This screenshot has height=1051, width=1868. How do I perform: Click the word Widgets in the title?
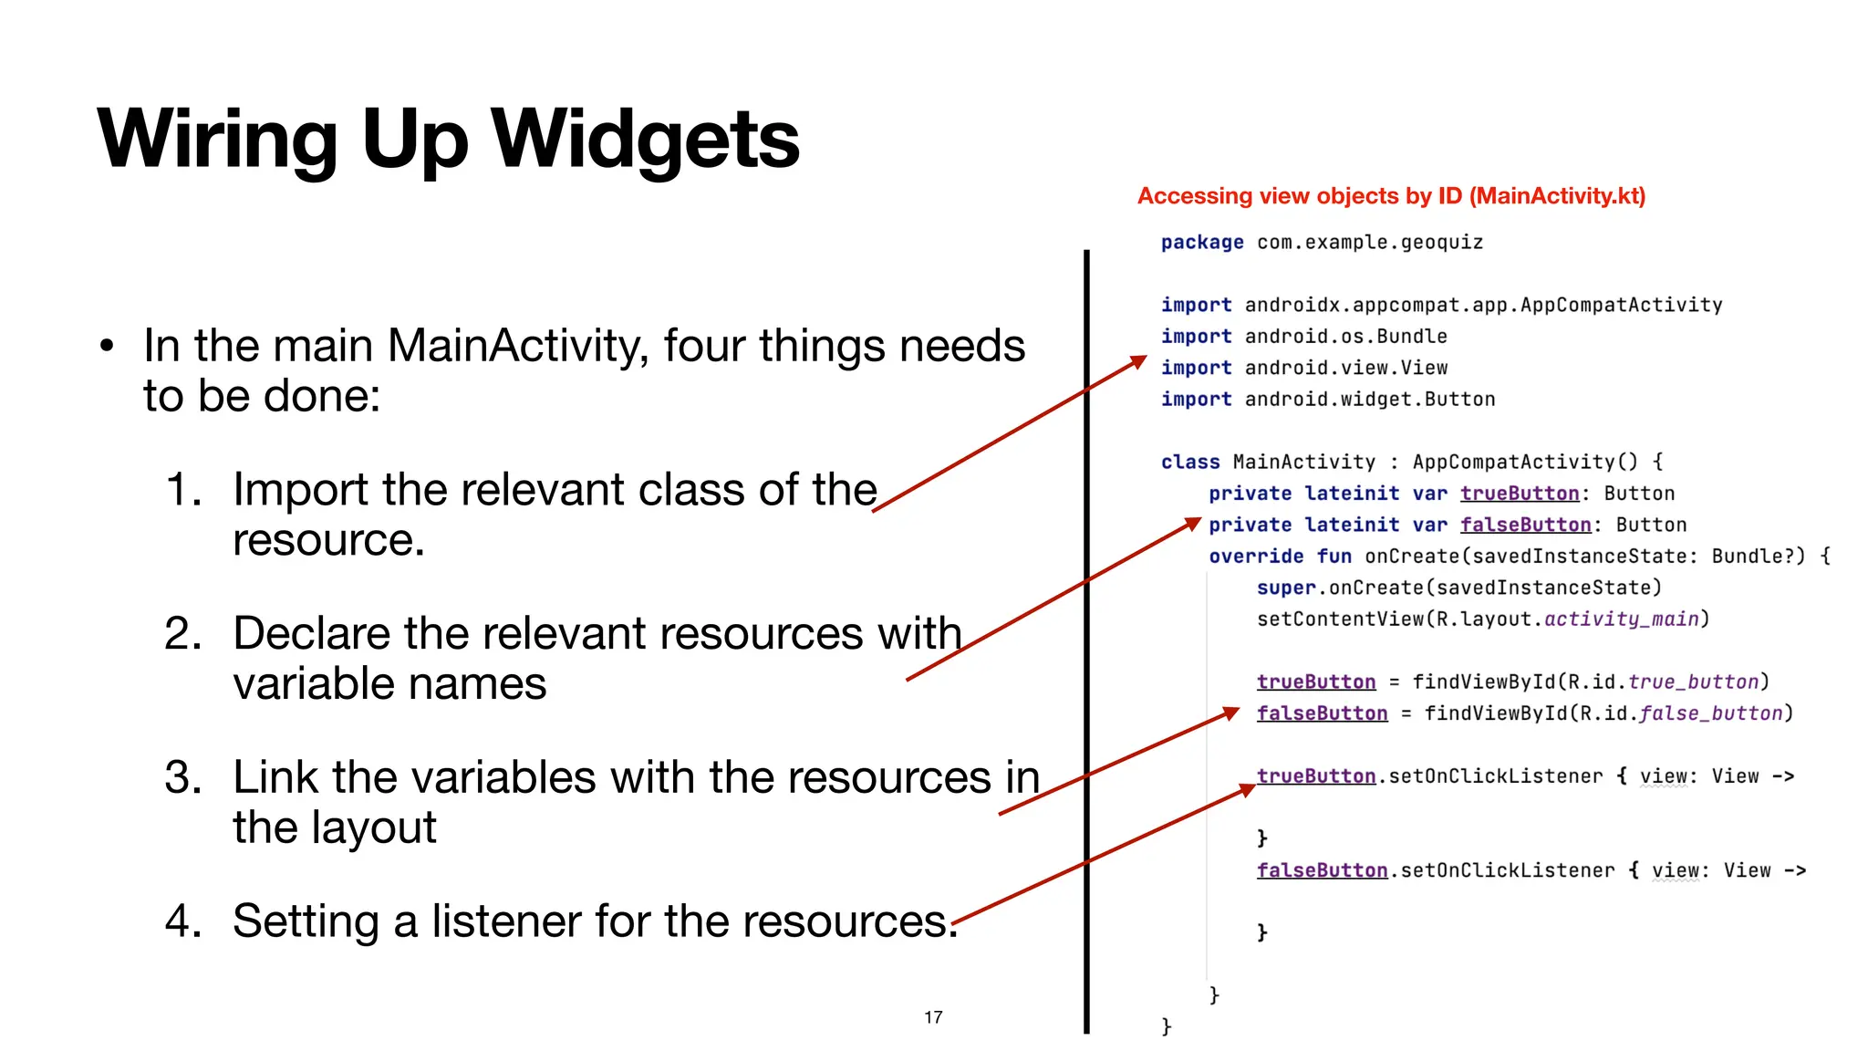point(644,139)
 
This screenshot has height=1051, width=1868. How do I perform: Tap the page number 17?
point(932,1017)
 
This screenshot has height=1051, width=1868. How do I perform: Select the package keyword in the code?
point(1201,243)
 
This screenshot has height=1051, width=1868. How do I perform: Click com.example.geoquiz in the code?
point(1369,243)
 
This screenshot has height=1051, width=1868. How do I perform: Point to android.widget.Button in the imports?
point(1369,400)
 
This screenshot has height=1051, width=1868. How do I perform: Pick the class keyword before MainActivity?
point(1189,463)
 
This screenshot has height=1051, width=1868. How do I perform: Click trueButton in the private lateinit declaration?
point(1519,494)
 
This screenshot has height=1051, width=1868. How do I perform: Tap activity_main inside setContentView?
point(1621,619)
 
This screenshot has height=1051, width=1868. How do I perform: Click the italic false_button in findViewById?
point(1710,713)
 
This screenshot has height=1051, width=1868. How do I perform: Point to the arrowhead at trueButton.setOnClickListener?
point(1248,790)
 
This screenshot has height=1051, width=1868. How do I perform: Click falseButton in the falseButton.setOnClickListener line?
point(1322,870)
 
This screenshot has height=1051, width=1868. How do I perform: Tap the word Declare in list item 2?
point(310,634)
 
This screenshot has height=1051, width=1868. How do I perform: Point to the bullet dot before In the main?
point(107,347)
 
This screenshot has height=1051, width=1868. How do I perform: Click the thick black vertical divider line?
point(1086,639)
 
